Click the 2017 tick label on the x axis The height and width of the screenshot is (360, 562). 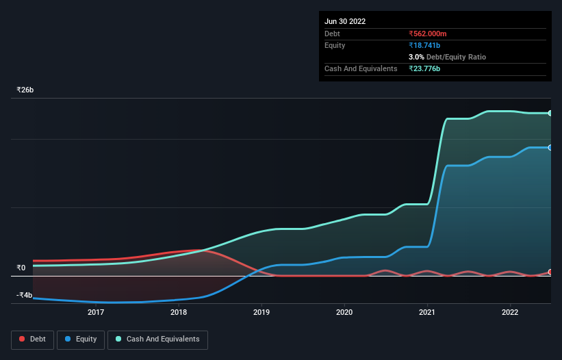tap(96, 313)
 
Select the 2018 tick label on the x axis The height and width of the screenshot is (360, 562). tap(179, 313)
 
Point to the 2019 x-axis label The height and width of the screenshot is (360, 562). tap(261, 313)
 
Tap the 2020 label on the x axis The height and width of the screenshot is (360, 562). tap(344, 313)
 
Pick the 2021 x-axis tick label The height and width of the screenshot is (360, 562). tap(427, 313)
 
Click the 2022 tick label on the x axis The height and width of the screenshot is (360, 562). tap(510, 313)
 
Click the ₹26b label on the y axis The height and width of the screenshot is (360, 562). tap(25, 90)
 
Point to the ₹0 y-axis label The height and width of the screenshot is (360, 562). tap(21, 268)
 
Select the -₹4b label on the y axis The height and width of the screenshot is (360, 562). tap(24, 296)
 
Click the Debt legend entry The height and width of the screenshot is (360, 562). tap(31, 339)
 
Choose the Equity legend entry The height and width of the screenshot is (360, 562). tap(81, 339)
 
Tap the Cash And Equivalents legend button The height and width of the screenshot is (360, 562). tap(157, 339)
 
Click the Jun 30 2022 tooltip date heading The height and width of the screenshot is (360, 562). tap(345, 21)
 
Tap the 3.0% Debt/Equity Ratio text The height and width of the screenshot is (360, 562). tap(447, 57)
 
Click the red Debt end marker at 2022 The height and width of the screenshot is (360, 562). tap(550, 272)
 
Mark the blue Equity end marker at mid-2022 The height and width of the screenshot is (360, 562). tap(550, 148)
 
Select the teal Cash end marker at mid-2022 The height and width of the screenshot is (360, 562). tap(550, 113)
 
